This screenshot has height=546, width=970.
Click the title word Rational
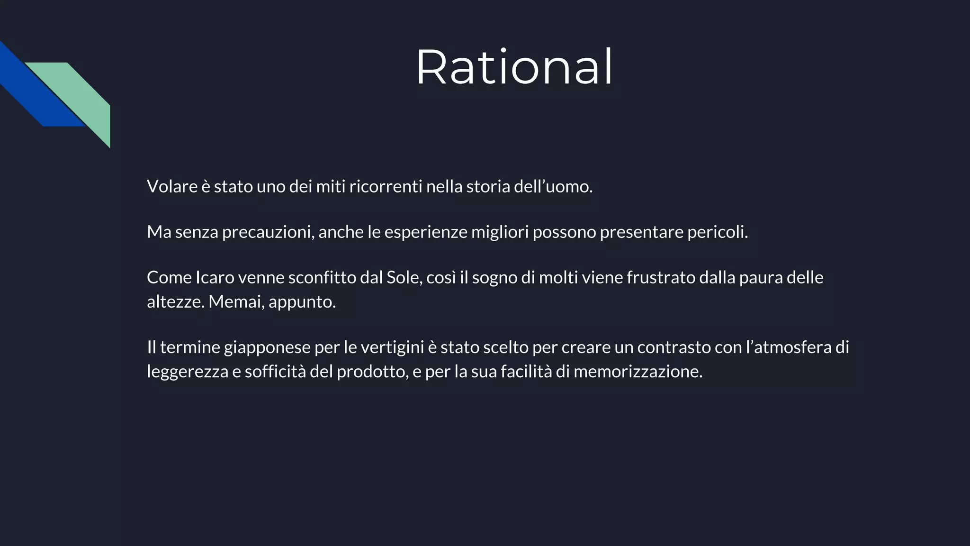[514, 67]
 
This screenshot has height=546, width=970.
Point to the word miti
[331, 187]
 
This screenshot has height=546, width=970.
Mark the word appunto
[302, 302]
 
